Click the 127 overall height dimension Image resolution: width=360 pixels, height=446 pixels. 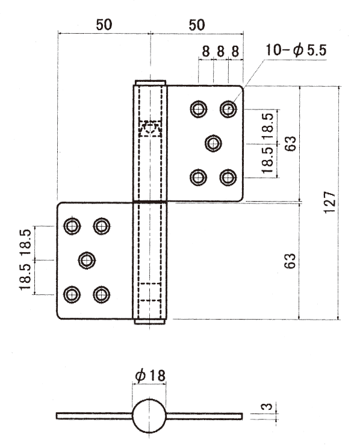coord(330,202)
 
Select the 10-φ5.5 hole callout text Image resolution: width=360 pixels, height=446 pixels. coord(296,51)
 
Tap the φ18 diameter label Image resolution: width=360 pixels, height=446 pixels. coord(151,376)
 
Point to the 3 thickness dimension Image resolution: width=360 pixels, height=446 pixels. coord(267,406)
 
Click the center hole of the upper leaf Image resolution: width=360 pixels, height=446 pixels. coord(214,143)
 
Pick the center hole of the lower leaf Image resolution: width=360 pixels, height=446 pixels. coord(87,260)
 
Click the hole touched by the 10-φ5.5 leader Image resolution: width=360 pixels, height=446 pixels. coord(228,109)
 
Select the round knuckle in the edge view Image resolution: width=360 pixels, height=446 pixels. coord(149,415)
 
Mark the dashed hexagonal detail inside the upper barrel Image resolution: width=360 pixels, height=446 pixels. coord(151,128)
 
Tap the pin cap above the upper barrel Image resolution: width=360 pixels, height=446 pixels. coord(151,82)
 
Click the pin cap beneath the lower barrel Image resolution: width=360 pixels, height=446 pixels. coord(150,321)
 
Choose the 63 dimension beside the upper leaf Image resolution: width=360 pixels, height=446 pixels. coord(290,144)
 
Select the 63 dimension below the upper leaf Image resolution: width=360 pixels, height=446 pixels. coord(290,261)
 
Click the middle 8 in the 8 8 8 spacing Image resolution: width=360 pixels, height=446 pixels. coord(220,52)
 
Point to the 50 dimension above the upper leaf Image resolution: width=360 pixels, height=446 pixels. coord(197,25)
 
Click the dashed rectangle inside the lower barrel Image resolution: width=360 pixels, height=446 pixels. coord(151,291)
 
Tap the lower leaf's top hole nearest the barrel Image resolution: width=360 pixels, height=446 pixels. coord(102,226)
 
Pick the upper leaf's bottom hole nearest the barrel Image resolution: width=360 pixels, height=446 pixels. coord(198,178)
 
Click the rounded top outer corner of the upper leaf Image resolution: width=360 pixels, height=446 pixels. coord(241,88)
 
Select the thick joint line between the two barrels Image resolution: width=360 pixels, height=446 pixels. coord(150,202)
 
